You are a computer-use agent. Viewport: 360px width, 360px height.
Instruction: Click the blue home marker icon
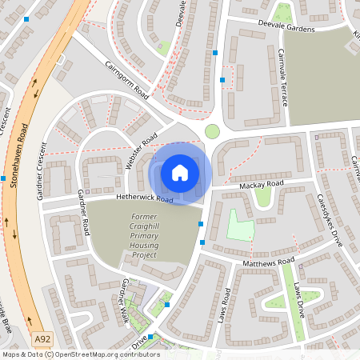(180, 172)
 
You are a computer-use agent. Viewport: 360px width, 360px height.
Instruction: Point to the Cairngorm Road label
(126, 78)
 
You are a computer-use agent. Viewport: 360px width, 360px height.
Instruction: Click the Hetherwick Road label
(144, 198)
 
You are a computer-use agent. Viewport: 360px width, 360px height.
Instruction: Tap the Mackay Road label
(261, 186)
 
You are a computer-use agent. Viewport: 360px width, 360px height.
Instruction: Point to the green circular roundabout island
(212, 131)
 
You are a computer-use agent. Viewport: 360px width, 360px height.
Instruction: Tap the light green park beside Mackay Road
(241, 226)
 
